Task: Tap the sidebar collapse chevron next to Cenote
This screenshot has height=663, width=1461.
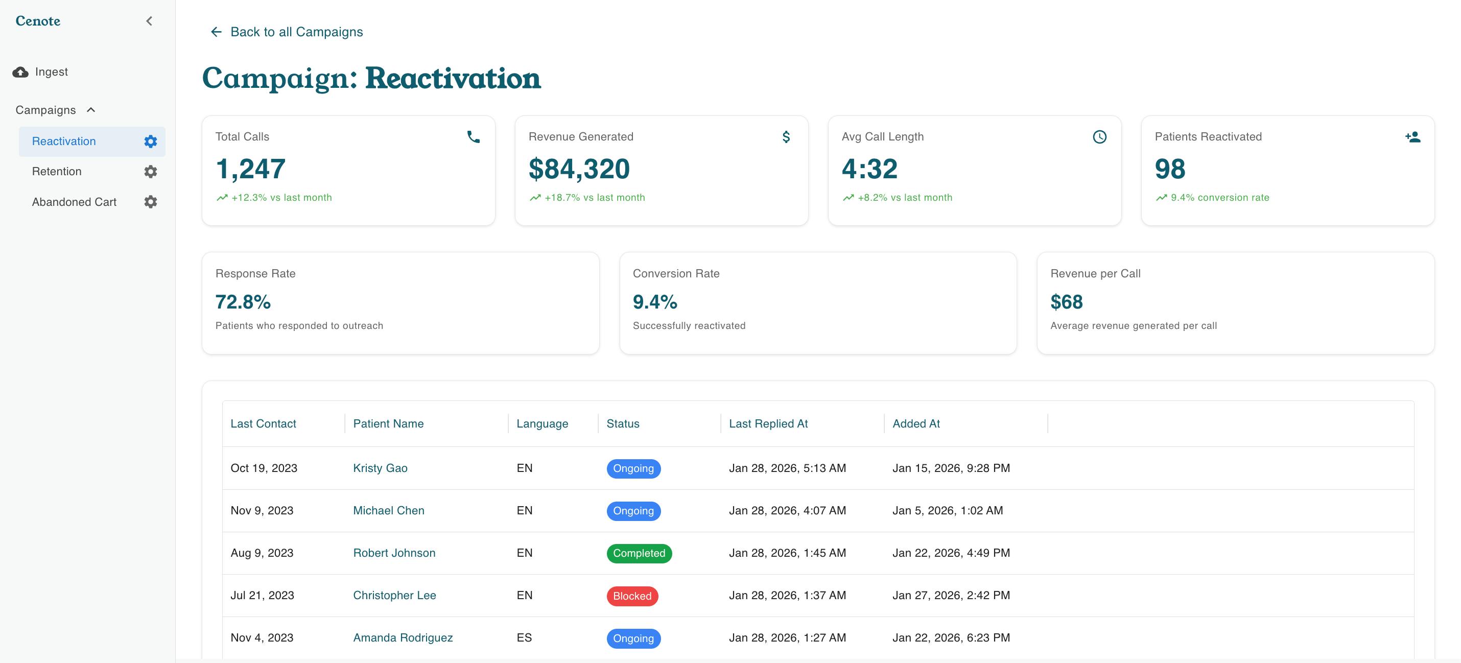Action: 149,21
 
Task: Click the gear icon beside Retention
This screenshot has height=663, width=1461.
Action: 150,171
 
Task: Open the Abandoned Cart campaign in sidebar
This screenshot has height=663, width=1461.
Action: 74,202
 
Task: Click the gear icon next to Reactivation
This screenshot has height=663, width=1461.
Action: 150,141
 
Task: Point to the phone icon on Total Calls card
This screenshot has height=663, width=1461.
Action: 474,137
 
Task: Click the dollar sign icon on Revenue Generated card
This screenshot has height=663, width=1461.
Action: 786,137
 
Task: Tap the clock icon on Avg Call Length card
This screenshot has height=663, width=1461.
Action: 1100,137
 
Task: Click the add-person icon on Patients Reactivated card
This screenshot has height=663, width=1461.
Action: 1413,137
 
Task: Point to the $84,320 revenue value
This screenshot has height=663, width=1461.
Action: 579,169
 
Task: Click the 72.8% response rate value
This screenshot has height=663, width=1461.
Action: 243,302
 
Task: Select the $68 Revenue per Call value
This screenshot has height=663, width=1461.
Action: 1066,302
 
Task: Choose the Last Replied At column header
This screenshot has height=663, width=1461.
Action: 768,423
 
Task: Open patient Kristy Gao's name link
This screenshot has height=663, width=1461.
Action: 380,468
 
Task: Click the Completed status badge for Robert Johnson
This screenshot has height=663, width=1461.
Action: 639,553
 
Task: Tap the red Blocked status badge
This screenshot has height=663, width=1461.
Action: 632,596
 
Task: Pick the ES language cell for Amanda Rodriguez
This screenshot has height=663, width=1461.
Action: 524,638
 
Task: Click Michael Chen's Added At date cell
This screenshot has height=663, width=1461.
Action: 948,510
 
